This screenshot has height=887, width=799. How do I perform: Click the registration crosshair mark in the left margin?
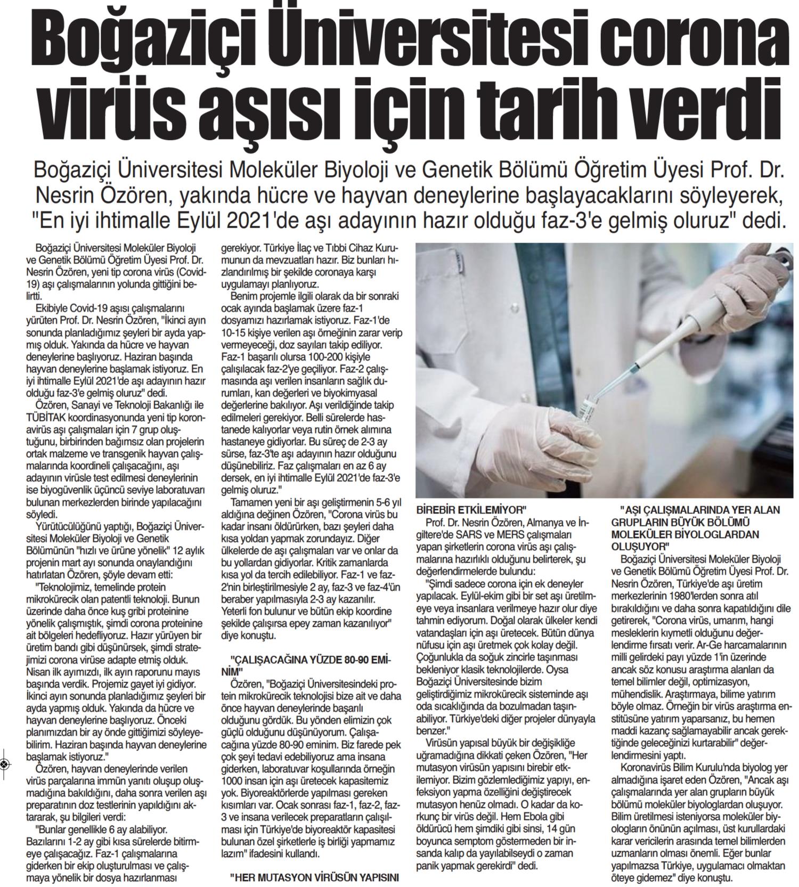point(4,764)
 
